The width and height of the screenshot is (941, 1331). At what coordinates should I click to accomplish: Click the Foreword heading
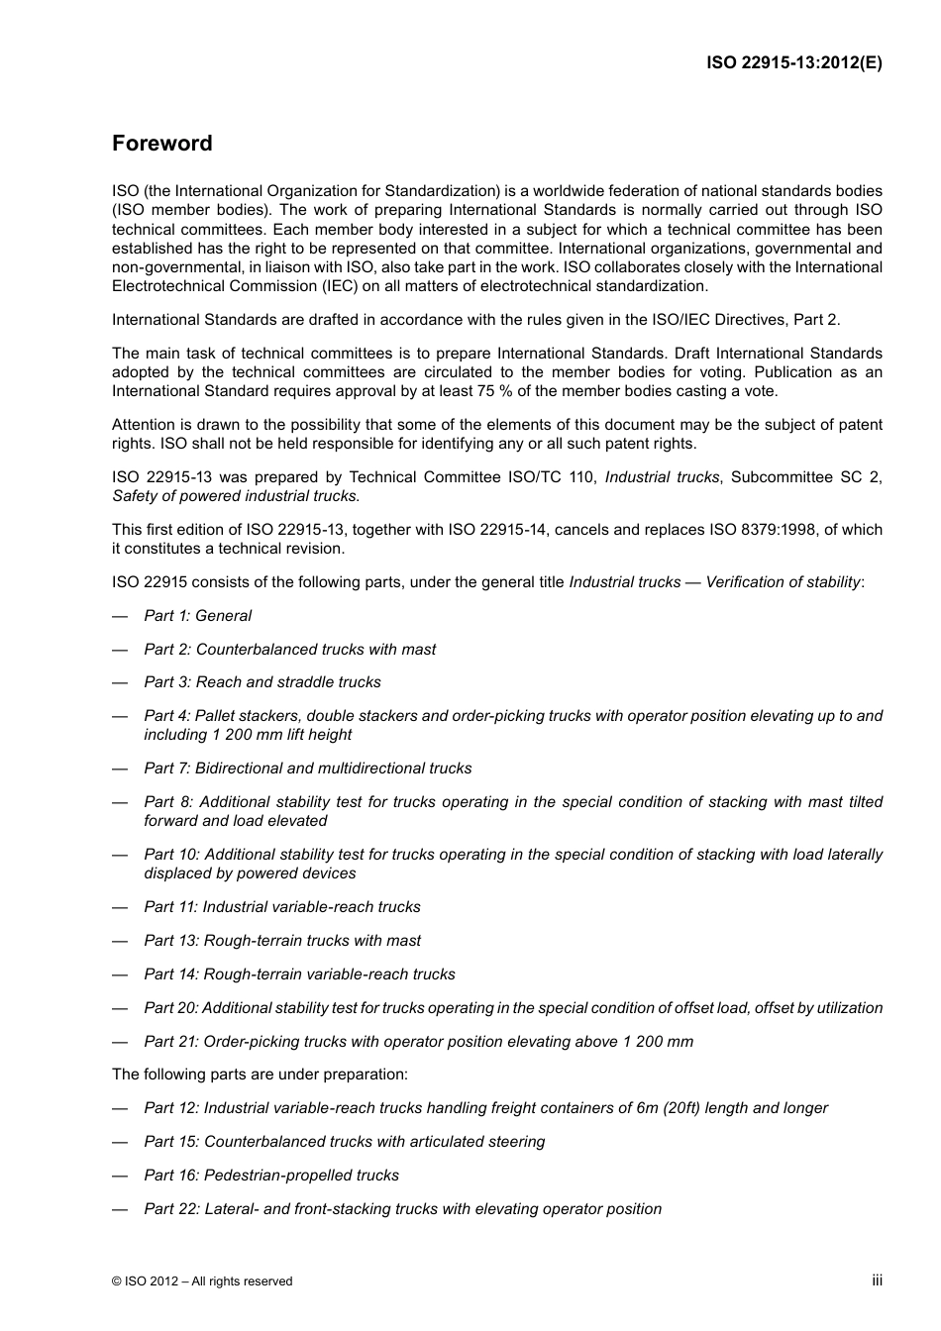[x=161, y=144]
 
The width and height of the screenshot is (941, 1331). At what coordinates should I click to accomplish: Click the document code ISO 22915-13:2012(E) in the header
[x=793, y=62]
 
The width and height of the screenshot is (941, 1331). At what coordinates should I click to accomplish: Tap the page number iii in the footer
[x=877, y=1280]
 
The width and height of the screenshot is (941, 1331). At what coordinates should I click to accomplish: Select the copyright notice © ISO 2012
[x=202, y=1280]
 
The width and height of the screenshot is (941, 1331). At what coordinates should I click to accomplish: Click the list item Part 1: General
[x=197, y=616]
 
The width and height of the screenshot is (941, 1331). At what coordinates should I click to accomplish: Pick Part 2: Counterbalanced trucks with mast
[x=289, y=650]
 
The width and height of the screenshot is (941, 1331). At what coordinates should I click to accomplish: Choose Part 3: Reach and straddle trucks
[x=261, y=682]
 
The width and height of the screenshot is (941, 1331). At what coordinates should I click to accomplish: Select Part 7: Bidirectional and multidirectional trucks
[x=307, y=768]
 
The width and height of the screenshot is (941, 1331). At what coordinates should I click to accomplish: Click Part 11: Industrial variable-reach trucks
[x=281, y=907]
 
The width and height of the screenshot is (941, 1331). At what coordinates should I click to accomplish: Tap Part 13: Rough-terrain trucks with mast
[x=281, y=941]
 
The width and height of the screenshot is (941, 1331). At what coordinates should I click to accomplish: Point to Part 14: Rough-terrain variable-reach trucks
[x=299, y=974]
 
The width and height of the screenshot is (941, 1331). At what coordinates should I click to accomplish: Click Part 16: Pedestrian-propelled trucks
[x=271, y=1176]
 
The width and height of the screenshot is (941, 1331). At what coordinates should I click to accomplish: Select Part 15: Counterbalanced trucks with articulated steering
[x=344, y=1142]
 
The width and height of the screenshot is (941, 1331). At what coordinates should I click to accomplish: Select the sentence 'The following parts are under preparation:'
[x=260, y=1075]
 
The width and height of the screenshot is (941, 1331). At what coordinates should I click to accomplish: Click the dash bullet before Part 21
[x=120, y=1042]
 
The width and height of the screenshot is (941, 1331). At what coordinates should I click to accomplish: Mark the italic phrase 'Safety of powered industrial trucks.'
[x=236, y=496]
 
